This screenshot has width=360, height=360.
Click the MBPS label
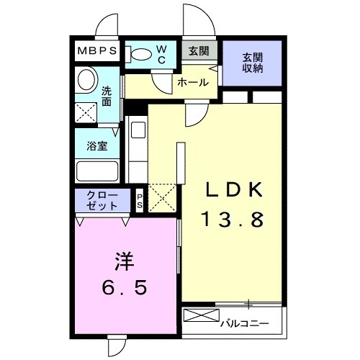(x=98, y=52)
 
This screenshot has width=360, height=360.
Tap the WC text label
(x=161, y=55)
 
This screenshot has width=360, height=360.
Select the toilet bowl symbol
(x=139, y=54)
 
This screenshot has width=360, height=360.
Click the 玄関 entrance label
(x=199, y=52)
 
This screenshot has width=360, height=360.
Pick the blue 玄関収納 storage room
(x=251, y=63)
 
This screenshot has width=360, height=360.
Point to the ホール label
(x=193, y=83)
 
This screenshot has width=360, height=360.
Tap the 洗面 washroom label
(x=107, y=96)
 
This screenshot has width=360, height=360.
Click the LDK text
(x=230, y=190)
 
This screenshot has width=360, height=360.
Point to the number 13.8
(x=230, y=220)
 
